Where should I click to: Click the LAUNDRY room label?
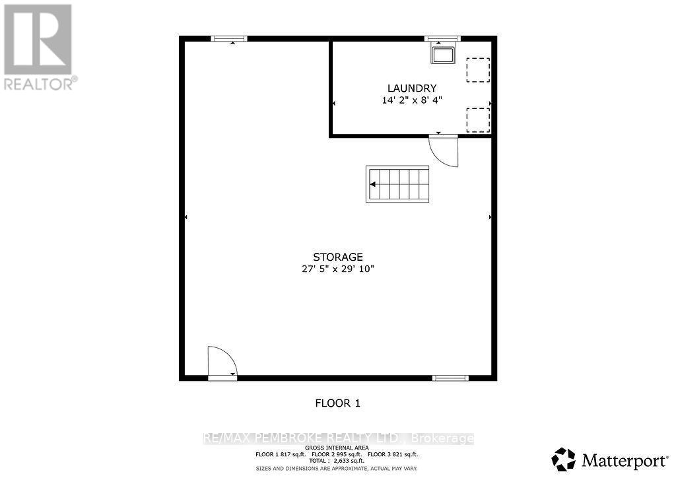click(412, 88)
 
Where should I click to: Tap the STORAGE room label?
click(337, 257)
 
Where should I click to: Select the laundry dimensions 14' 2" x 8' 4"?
click(412, 100)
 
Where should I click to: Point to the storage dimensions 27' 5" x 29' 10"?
click(337, 269)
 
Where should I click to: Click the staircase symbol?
click(397, 184)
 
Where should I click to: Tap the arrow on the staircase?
click(372, 184)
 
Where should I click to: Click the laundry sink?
click(443, 55)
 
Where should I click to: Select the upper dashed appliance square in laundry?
click(478, 70)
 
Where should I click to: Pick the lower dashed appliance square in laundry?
click(478, 120)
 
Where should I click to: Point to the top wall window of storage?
click(229, 39)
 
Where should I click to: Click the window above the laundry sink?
click(442, 39)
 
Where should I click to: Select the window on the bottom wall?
click(450, 378)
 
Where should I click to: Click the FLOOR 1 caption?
click(337, 403)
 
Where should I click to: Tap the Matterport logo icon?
click(564, 460)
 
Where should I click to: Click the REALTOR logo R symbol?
click(38, 40)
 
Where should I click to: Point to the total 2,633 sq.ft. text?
click(336, 461)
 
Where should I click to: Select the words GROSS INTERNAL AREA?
click(337, 448)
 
